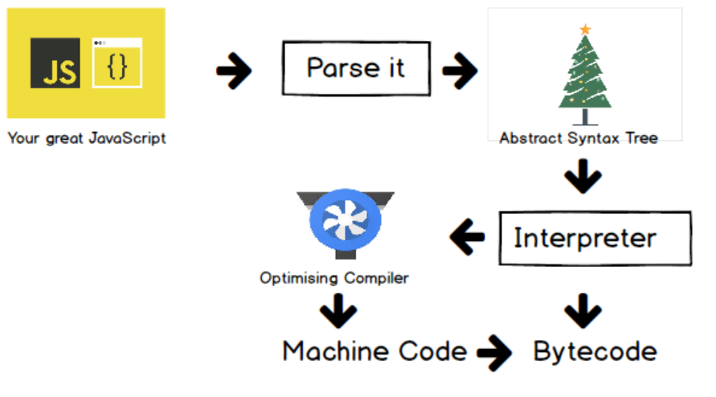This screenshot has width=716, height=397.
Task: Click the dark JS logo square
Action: coord(55,63)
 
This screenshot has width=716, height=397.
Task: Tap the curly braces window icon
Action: coord(117,63)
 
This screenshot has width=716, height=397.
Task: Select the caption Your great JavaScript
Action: coord(86,137)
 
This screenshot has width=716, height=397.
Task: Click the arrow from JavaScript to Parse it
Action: coord(234,72)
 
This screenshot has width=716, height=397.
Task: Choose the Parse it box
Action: coord(356,68)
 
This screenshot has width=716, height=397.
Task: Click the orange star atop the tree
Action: coord(585,30)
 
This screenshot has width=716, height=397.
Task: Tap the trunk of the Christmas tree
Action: coord(585,117)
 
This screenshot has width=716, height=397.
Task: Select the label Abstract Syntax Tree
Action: coord(579,137)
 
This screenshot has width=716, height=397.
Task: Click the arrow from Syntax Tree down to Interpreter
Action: coord(583,178)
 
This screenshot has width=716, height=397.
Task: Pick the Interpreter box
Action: coord(595,238)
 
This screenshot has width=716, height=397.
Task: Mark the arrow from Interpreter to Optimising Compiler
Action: coord(467,237)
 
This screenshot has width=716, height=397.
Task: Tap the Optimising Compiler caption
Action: coord(333,278)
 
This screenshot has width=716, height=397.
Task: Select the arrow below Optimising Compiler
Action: coord(338,309)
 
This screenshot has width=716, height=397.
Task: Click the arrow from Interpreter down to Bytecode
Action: coord(583,309)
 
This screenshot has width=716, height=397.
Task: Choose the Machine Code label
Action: coord(374,351)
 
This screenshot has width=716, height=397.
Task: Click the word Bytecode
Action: coord(595,352)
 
